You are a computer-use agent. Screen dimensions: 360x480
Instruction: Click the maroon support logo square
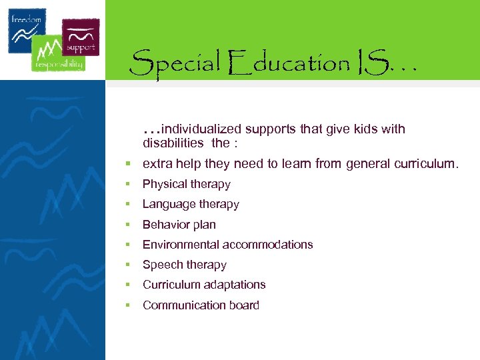tap(81, 37)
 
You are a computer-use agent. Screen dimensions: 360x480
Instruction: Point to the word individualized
tap(201, 129)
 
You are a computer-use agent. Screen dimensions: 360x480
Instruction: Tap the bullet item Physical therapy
tap(186, 184)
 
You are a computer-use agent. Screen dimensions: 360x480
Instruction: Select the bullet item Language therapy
tap(191, 204)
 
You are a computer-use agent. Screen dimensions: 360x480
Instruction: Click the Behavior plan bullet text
tap(179, 225)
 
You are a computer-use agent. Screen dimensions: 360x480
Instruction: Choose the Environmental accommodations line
tap(227, 245)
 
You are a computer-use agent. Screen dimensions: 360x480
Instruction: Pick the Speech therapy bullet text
tap(184, 265)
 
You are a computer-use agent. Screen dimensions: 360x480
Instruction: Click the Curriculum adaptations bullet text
tap(204, 285)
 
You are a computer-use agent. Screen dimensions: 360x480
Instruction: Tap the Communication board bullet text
tap(201, 305)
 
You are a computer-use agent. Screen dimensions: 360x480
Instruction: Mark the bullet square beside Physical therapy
tap(125, 185)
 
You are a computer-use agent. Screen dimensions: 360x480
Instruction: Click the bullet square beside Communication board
tap(125, 305)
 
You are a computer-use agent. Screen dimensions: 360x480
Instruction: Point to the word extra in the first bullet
tap(156, 164)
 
